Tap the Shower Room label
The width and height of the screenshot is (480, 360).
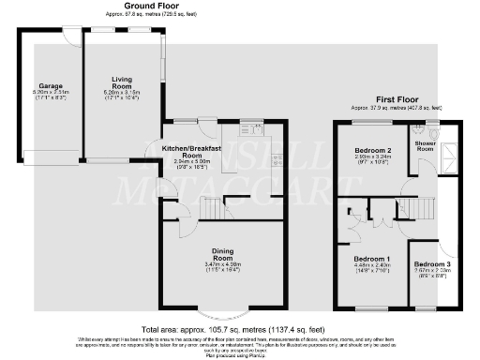click(425, 144)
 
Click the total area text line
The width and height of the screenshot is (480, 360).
click(240, 330)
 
